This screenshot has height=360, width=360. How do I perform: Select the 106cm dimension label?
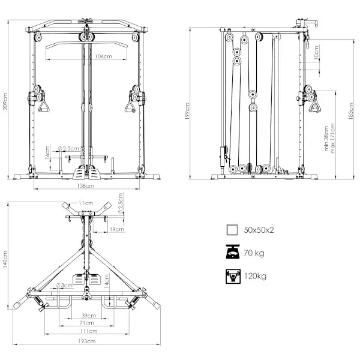[103, 56]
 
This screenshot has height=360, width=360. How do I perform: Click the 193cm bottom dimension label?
[86, 341]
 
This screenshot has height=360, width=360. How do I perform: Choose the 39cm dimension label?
[88, 315]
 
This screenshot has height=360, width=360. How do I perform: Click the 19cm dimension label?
[116, 229]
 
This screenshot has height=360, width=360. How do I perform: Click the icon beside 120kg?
[232, 276]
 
